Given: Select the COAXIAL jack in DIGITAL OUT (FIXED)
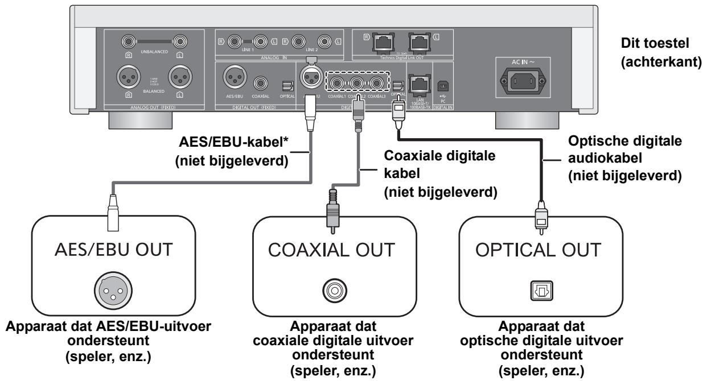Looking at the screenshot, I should (x=262, y=85).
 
